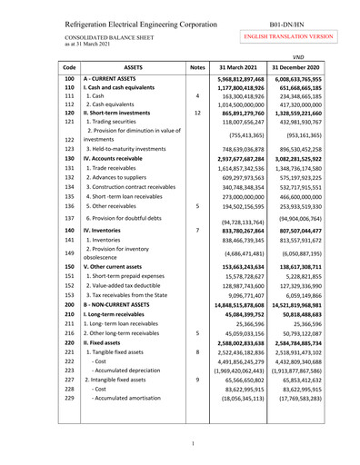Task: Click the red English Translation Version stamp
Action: (297, 35)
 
